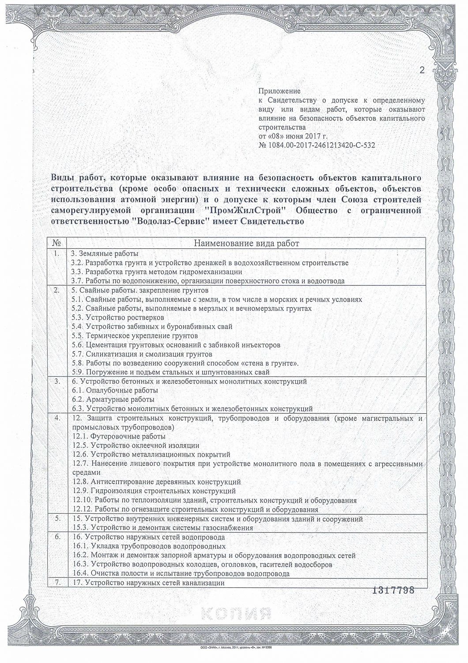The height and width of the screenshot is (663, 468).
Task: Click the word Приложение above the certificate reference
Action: tap(279, 91)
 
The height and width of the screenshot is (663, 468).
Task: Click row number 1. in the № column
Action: tap(57, 254)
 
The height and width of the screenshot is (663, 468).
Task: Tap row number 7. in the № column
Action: tap(57, 583)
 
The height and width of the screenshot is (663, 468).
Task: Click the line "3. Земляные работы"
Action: tap(105, 254)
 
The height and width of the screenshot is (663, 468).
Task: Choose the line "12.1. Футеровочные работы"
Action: tap(119, 436)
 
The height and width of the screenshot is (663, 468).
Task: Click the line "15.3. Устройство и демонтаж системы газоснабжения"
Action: tap(162, 528)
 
